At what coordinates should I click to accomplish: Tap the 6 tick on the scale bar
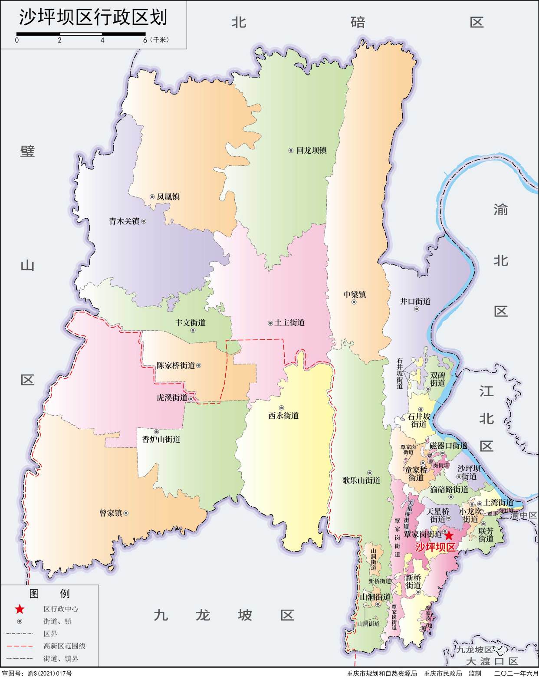(x=145, y=40)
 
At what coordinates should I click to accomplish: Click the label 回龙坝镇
(x=311, y=151)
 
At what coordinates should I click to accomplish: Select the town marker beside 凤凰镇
(x=152, y=197)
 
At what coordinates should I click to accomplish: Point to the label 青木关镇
(x=124, y=221)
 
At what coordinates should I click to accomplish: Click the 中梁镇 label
(x=355, y=295)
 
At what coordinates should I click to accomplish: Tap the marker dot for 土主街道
(x=270, y=323)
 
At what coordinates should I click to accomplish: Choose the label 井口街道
(x=415, y=301)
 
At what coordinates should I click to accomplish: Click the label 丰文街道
(x=190, y=322)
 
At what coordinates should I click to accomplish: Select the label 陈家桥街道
(x=176, y=365)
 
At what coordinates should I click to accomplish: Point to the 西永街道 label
(x=283, y=416)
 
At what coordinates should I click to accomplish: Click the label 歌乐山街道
(x=361, y=480)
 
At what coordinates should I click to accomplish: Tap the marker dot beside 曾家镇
(x=126, y=513)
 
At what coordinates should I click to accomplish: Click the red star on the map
(x=449, y=535)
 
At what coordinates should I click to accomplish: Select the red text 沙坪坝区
(x=435, y=547)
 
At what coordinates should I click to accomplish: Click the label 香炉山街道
(x=161, y=439)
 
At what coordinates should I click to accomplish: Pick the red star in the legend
(x=20, y=609)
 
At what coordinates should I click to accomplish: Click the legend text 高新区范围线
(x=64, y=646)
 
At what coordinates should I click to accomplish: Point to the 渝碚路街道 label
(x=449, y=489)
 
